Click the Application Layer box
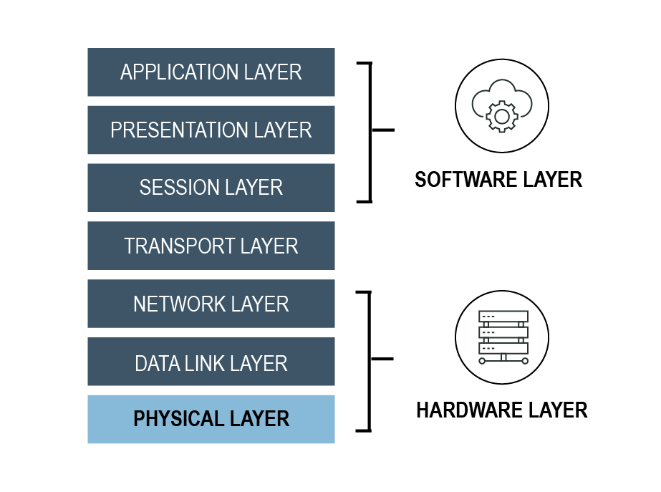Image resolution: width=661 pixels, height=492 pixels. point(211,72)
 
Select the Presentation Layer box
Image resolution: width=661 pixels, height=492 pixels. point(211,130)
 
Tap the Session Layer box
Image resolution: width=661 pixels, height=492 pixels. point(211,188)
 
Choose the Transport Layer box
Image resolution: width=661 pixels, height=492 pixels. point(211,246)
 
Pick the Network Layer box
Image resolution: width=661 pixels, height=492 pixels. point(211,304)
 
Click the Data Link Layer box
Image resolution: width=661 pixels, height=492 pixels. point(211,362)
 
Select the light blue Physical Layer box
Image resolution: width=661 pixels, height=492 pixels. point(211,419)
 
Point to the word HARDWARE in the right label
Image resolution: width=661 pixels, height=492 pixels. point(469,410)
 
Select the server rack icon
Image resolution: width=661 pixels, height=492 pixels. point(503,337)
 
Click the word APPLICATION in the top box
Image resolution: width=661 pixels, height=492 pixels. point(179,72)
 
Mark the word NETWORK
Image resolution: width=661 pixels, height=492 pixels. point(179,304)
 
